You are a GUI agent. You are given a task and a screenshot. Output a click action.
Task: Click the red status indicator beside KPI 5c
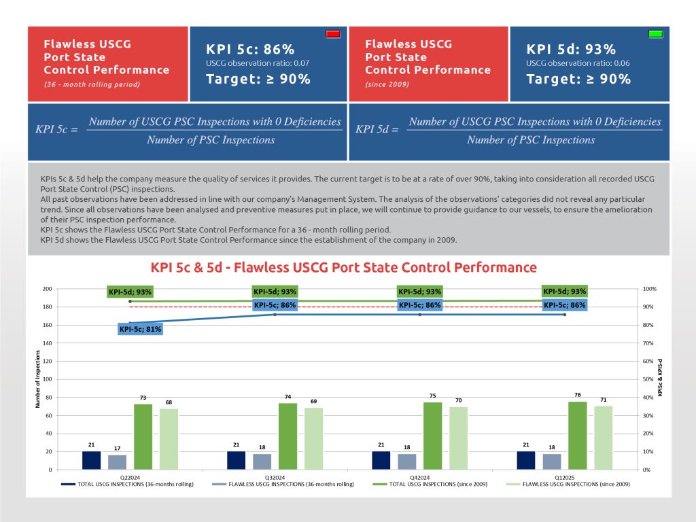(x=333, y=33)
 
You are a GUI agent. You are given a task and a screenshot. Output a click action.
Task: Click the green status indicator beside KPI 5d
(x=656, y=33)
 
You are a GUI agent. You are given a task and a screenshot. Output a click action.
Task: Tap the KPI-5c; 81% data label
(x=141, y=330)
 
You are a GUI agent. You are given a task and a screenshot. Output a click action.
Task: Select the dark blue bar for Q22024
(x=91, y=460)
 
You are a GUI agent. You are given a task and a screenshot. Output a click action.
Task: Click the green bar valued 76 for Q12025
(x=578, y=435)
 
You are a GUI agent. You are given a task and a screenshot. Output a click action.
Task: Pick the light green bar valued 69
(x=314, y=438)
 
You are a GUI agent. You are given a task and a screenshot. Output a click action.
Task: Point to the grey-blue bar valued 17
(x=118, y=462)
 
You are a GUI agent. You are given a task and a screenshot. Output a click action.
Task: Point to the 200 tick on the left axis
(x=47, y=289)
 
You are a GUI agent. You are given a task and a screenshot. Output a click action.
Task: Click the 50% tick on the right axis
(x=649, y=379)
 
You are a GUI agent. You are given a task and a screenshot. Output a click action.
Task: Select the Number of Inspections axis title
(x=38, y=379)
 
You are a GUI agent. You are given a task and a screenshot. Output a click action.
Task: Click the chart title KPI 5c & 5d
(x=343, y=267)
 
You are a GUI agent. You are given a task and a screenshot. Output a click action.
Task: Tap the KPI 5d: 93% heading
(x=571, y=49)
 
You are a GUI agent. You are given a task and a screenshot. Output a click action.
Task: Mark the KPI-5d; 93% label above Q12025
(x=564, y=291)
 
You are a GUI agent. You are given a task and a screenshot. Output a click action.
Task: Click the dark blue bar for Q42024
(x=381, y=460)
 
